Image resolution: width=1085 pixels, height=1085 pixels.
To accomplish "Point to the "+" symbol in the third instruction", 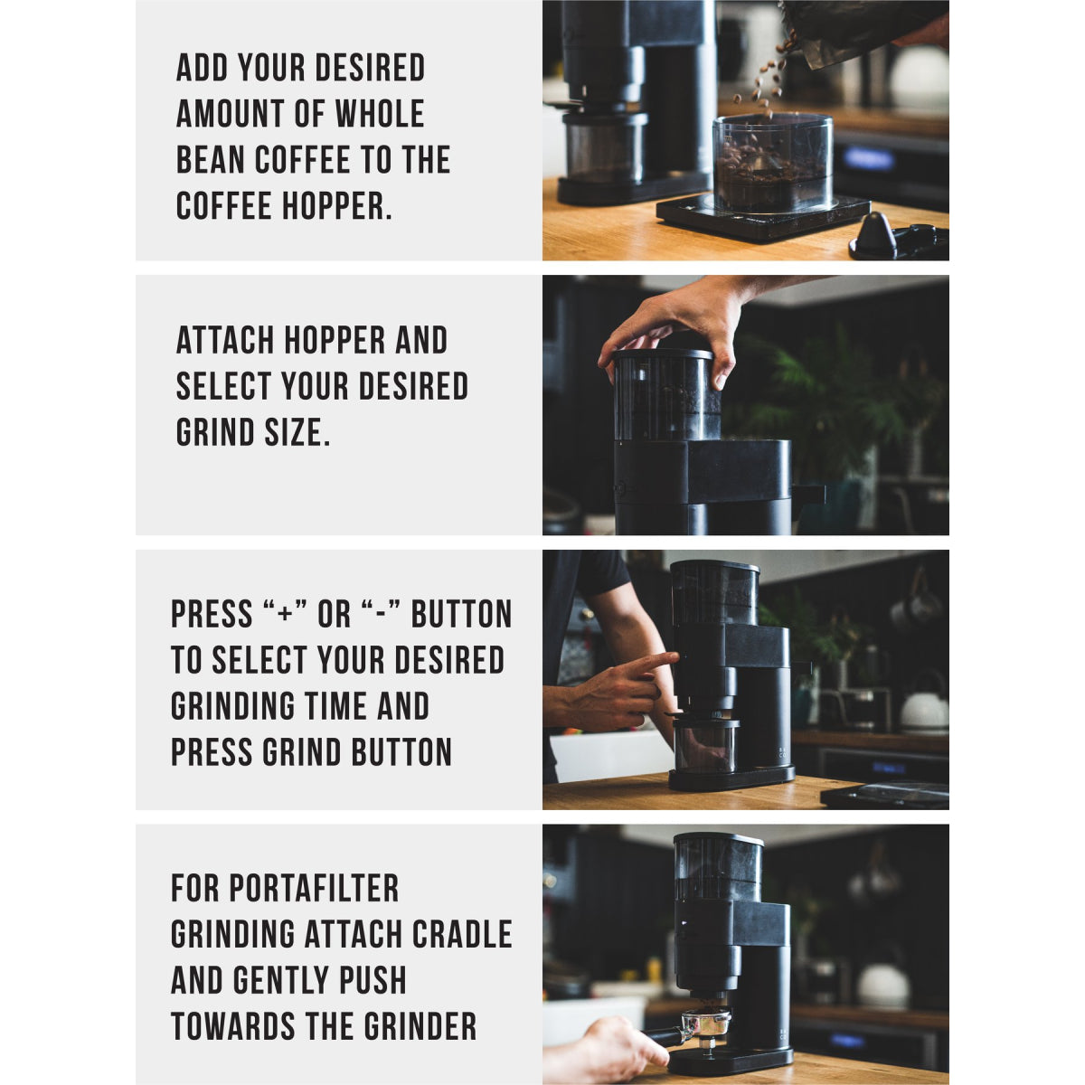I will [x=283, y=615].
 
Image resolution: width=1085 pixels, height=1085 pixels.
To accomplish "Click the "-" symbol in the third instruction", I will [x=380, y=615].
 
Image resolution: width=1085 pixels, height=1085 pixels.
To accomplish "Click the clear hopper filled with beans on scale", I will [x=772, y=163].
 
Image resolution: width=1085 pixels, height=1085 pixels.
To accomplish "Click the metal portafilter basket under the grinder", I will [x=705, y=1022].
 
